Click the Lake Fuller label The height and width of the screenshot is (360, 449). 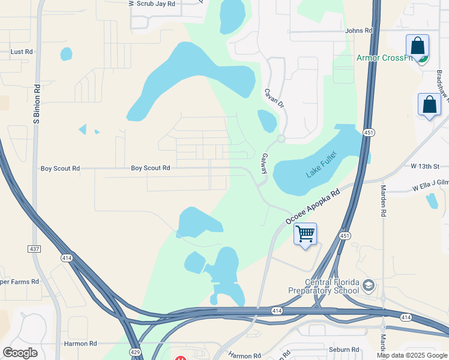(322, 164)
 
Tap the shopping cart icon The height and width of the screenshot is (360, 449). (306, 233)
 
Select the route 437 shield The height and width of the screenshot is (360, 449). (34, 248)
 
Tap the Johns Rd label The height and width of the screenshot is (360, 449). (359, 31)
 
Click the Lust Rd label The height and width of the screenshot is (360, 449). (22, 52)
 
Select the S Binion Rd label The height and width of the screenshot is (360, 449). (37, 104)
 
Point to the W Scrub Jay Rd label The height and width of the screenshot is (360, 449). (153, 4)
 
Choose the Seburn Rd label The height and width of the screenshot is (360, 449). (343, 349)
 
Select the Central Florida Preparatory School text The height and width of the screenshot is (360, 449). (332, 287)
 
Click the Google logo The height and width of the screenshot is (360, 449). (20, 352)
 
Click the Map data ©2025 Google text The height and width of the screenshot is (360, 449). (412, 355)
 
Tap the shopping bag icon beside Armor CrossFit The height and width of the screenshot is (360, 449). (417, 46)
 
